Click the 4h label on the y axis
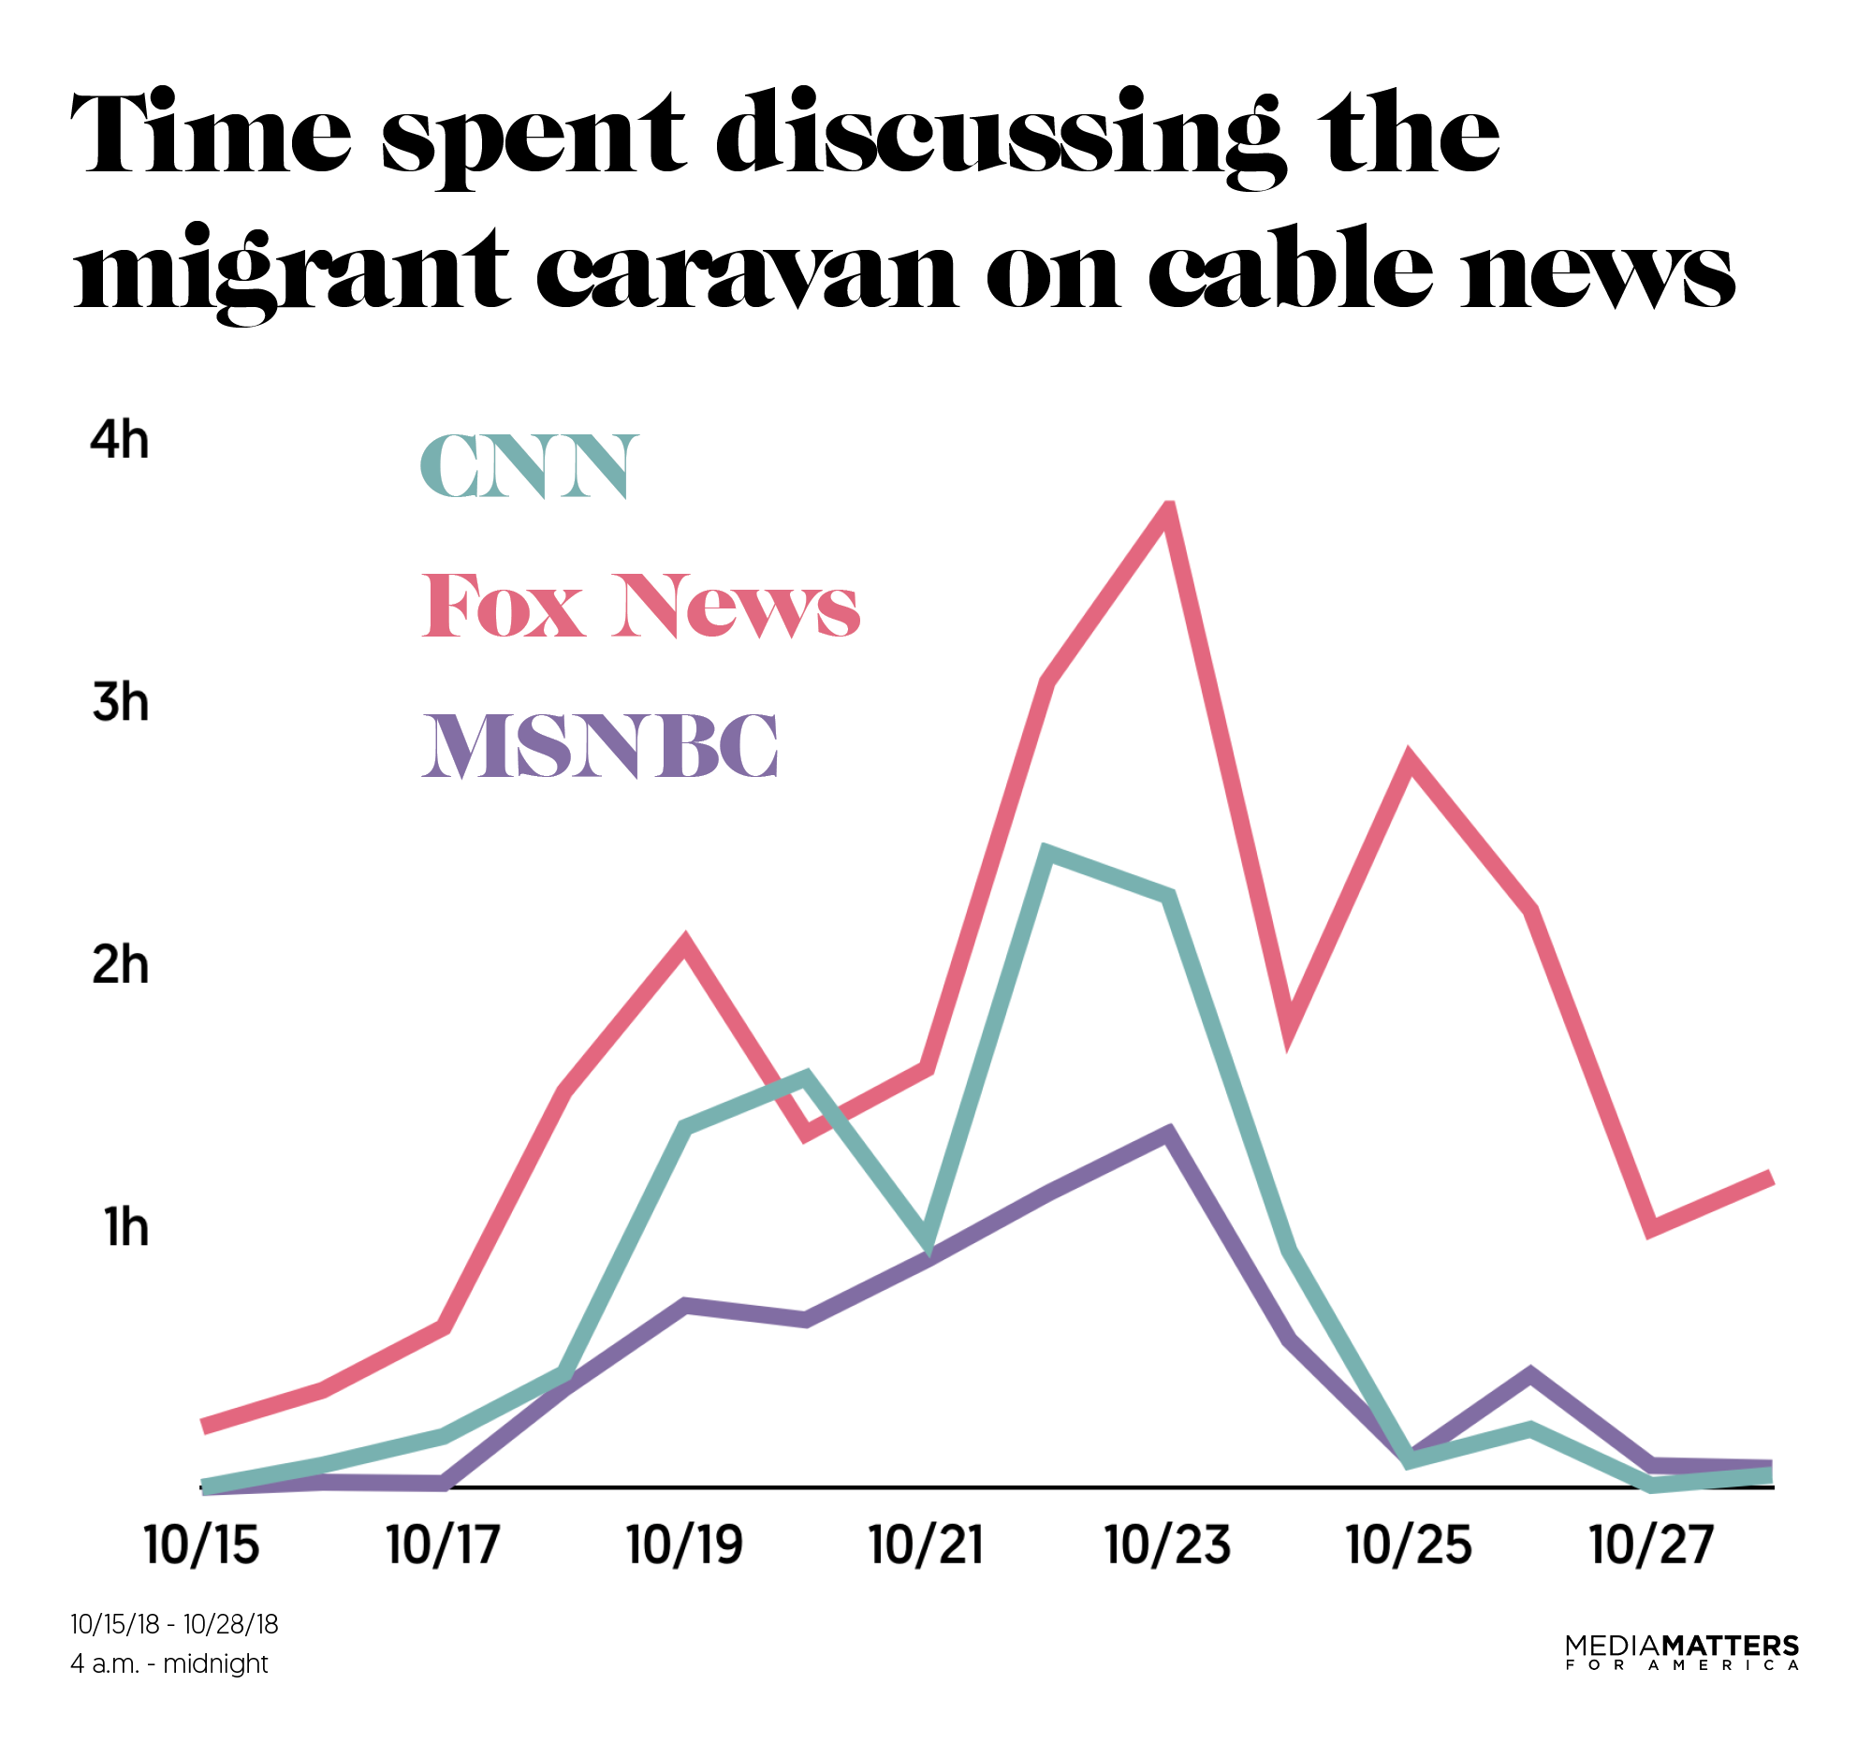[120, 441]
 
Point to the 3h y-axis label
[121, 702]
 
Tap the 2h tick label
[121, 965]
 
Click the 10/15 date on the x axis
[201, 1545]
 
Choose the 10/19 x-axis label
[684, 1545]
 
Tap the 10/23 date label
[1167, 1545]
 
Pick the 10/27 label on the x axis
[1652, 1545]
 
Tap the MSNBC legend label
[600, 746]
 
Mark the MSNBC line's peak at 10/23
[1167, 1133]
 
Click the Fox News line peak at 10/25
[1409, 759]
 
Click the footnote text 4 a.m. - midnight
[169, 1664]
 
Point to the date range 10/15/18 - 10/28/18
[174, 1624]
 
